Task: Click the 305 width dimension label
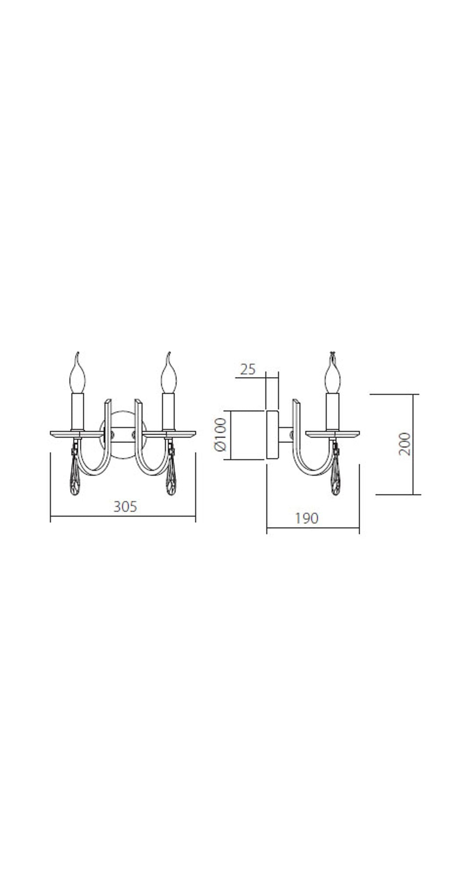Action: pyautogui.click(x=125, y=506)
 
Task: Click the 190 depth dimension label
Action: pyautogui.click(x=306, y=518)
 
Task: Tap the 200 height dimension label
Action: pyautogui.click(x=404, y=444)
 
